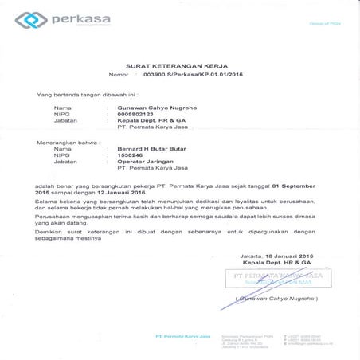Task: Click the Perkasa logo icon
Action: pos(33,19)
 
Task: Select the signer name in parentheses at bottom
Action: pos(271,298)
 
